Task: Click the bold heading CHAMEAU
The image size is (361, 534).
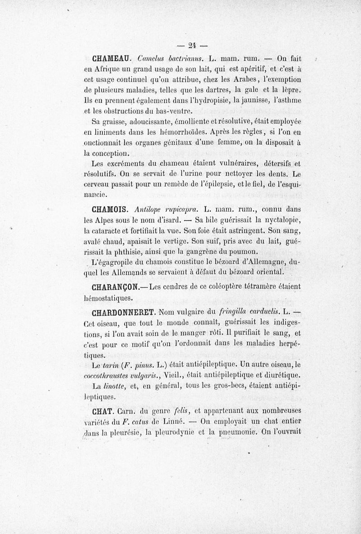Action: coord(111,58)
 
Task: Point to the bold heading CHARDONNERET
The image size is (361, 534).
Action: coord(124,311)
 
